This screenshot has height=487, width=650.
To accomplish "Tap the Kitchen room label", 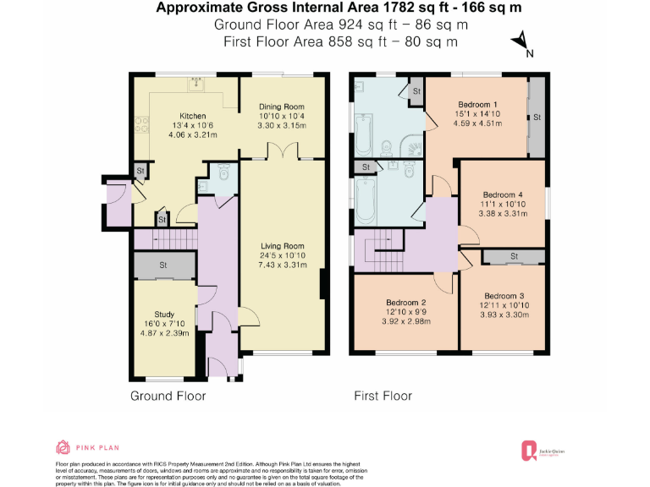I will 193,115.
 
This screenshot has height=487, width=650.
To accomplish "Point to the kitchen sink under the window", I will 196,83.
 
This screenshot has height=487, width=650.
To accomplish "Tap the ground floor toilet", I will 223,172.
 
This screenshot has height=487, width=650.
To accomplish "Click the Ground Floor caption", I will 167,396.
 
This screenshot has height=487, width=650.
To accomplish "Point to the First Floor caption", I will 383,396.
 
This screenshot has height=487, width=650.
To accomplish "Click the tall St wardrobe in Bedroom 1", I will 535,116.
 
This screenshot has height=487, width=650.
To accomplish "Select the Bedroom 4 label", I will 502,193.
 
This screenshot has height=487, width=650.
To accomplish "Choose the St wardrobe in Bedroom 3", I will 514,256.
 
